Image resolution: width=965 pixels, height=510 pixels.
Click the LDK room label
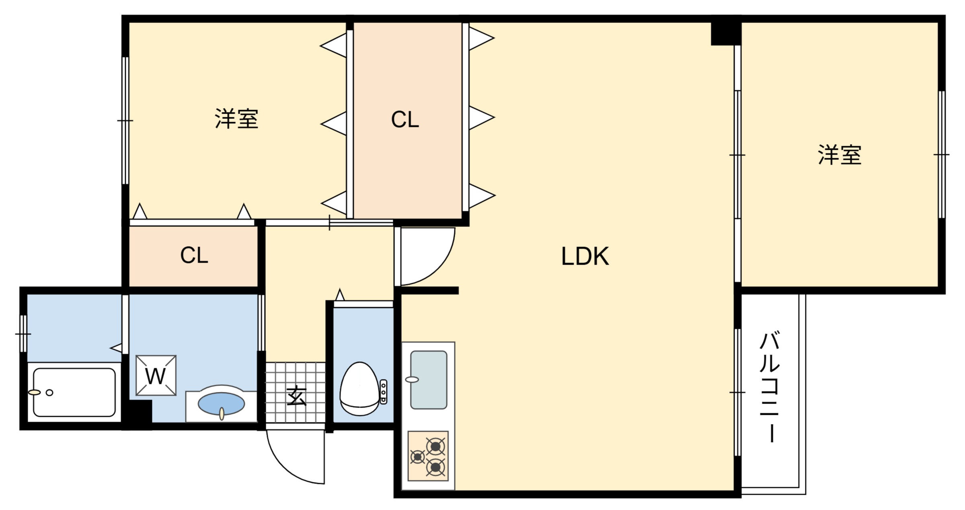[x=585, y=256]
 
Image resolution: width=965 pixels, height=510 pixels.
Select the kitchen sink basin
[x=429, y=379]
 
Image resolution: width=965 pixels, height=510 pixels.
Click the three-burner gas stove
[x=428, y=456]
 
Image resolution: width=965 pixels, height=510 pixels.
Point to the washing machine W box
[x=156, y=375]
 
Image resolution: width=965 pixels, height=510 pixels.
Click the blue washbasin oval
[x=221, y=403]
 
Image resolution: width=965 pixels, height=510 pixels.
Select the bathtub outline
[x=74, y=392]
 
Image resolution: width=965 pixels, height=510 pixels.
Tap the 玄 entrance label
[x=296, y=396]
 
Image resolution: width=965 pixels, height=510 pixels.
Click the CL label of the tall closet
[x=405, y=120]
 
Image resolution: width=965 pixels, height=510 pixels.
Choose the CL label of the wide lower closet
[x=194, y=255]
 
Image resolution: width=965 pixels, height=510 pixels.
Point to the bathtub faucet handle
[x=35, y=392]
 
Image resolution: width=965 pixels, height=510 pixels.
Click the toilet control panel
[x=383, y=392]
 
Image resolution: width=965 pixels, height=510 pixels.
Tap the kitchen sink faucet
[x=412, y=379]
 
